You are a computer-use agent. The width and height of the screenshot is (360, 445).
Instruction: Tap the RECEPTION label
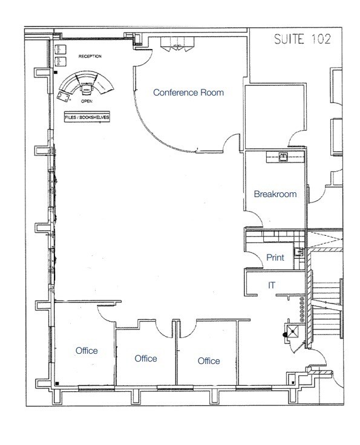pos(90,56)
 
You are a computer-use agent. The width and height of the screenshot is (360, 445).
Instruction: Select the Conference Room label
pos(188,93)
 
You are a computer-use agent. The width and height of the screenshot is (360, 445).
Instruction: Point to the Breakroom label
pos(275,194)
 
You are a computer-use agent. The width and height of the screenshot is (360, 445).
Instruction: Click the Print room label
pos(275,258)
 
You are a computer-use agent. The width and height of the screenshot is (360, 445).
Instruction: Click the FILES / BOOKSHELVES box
pos(88,118)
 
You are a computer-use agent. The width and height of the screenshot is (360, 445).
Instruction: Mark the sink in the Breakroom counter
pos(283,157)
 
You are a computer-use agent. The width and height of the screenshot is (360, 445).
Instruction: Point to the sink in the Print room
pos(298,252)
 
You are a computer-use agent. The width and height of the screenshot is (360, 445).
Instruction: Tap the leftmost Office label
pos(87,351)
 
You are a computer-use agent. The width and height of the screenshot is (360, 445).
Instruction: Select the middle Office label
pos(146,359)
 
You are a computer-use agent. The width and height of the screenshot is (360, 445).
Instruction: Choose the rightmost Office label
pos(209,361)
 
